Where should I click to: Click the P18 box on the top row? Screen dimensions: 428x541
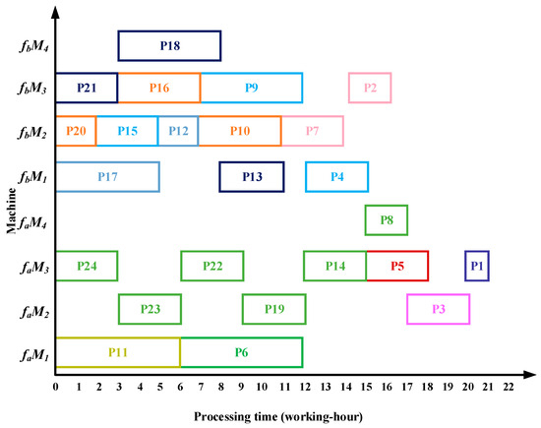click(169, 45)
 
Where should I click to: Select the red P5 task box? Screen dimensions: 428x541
click(397, 266)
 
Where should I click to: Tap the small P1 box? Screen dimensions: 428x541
click(477, 266)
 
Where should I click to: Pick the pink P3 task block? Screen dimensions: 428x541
click(438, 309)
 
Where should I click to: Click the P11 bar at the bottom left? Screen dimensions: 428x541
click(117, 351)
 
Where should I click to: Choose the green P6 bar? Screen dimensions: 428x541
click(241, 351)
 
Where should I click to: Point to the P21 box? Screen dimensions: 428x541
click(87, 88)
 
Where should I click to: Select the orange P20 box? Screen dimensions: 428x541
click(76, 131)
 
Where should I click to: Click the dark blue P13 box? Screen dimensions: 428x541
click(252, 176)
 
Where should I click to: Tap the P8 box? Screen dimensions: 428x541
click(386, 220)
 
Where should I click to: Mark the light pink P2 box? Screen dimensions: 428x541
click(370, 88)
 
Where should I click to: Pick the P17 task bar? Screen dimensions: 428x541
click(107, 176)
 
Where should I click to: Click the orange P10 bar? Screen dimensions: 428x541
click(239, 131)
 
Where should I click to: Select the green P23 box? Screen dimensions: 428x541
click(150, 309)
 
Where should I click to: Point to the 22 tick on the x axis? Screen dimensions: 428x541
click(509, 387)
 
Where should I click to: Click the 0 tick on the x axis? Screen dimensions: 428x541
click(56, 387)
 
